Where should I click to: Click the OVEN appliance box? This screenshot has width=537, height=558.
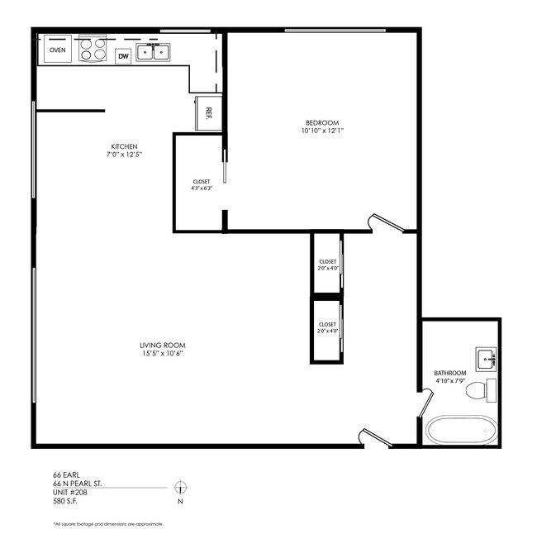click(57, 50)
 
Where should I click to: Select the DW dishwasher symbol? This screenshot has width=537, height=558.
click(123, 56)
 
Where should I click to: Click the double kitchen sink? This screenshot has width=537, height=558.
click(153, 53)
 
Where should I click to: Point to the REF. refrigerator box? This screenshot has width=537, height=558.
click(208, 112)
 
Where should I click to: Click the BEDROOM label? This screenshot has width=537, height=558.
click(321, 122)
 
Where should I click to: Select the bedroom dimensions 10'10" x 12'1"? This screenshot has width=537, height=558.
click(321, 131)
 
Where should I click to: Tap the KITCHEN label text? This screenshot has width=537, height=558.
click(125, 146)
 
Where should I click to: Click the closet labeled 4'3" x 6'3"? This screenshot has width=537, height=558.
click(201, 184)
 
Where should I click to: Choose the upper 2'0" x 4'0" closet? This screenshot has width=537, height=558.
click(326, 265)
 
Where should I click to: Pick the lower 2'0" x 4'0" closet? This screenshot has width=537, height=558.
click(326, 328)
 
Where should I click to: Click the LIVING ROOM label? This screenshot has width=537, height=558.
click(162, 345)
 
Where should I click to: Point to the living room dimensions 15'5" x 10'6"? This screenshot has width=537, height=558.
click(162, 354)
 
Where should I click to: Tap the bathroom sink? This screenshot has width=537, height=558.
click(487, 359)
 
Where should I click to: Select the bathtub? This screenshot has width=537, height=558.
click(462, 430)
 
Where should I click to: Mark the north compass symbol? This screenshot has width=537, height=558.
click(181, 486)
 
